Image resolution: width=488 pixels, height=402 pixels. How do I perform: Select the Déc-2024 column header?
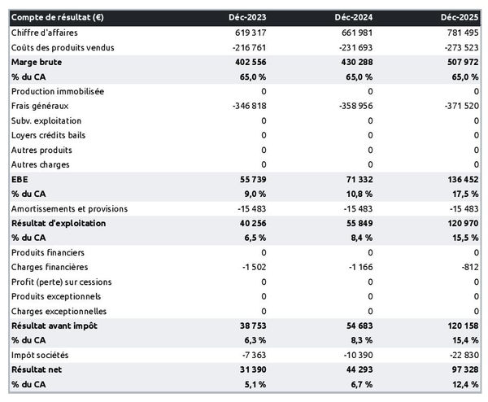(353, 17)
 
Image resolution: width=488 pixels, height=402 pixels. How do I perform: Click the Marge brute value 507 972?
(460, 62)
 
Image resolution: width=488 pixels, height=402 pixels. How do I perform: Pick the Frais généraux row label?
(41, 106)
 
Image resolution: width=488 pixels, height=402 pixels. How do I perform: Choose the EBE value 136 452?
(460, 179)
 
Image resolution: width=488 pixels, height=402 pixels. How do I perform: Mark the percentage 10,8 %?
(356, 194)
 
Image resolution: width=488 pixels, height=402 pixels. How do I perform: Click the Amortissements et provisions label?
(69, 208)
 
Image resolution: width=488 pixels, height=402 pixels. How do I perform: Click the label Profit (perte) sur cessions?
(62, 282)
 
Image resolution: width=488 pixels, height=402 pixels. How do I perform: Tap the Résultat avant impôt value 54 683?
(356, 326)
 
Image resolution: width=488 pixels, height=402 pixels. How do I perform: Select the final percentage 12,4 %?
(463, 384)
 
